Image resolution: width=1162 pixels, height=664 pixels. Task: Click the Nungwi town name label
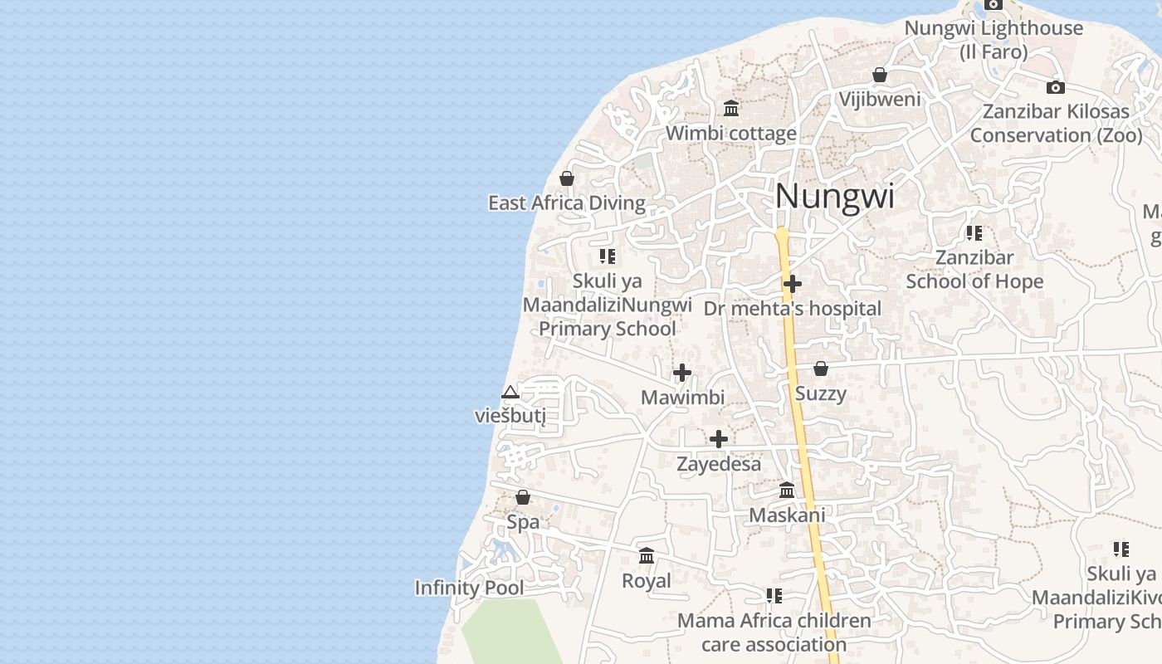click(x=834, y=197)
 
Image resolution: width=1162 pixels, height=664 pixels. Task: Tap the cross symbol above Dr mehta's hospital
click(x=793, y=285)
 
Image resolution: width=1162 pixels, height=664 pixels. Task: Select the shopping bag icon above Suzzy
click(x=821, y=369)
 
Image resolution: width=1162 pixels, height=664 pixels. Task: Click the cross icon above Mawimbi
click(x=682, y=373)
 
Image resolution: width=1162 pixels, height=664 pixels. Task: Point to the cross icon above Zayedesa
click(x=719, y=439)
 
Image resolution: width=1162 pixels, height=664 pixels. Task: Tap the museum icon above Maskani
click(x=787, y=491)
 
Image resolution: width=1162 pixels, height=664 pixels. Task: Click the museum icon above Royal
click(x=647, y=556)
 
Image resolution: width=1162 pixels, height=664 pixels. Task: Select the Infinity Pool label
click(x=469, y=588)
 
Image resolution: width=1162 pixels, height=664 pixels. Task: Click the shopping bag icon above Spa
click(x=523, y=498)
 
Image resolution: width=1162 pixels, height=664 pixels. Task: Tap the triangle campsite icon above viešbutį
click(x=510, y=392)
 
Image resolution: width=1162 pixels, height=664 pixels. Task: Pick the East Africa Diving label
click(x=566, y=203)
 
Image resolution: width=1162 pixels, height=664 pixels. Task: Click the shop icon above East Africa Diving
click(x=567, y=179)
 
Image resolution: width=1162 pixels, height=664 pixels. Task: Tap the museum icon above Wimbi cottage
click(x=731, y=109)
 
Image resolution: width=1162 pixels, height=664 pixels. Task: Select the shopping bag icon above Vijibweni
click(x=880, y=76)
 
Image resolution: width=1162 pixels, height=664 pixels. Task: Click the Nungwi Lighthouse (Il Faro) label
click(x=993, y=39)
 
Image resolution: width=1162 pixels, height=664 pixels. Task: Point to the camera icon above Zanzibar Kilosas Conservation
click(x=1055, y=87)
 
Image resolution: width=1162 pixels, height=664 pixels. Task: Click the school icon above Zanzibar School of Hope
click(x=974, y=233)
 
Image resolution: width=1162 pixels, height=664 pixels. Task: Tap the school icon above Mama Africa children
click(x=774, y=596)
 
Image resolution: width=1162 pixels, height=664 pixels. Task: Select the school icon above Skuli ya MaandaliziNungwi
click(x=608, y=256)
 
